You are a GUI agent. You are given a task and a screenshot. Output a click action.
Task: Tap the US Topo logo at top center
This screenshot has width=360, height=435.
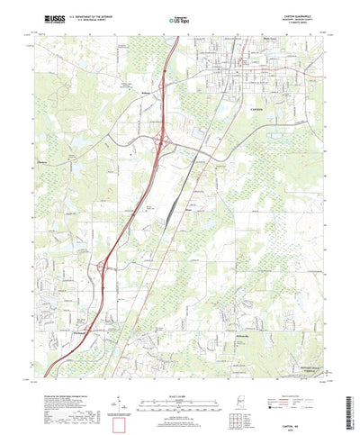click(x=180, y=18)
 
